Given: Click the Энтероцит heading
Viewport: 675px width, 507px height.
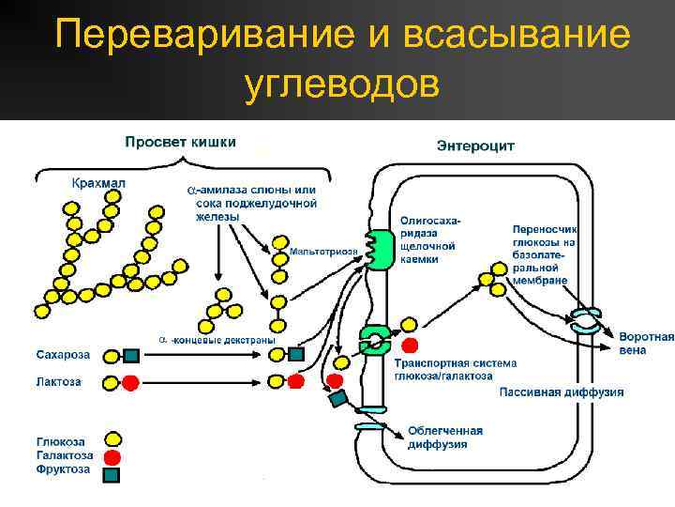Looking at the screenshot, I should click(x=475, y=146).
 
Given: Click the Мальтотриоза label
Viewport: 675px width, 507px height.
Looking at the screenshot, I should click(x=323, y=251).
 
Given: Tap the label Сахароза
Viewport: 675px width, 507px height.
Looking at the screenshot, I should click(x=63, y=355).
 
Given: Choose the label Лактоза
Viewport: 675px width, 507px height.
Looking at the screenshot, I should click(x=58, y=382).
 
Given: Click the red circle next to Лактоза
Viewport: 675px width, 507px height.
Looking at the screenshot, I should click(x=130, y=382).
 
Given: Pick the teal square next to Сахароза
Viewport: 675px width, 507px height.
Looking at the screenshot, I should click(x=131, y=356).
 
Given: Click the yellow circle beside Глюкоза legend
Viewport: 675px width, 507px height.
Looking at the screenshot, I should click(x=112, y=439).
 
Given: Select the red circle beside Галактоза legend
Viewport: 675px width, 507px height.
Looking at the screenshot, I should click(x=112, y=456).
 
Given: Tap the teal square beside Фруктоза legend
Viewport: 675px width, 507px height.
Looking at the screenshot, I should click(x=112, y=474).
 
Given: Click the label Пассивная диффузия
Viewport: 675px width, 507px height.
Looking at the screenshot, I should click(x=561, y=392).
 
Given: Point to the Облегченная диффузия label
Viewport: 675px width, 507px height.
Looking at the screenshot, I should click(x=444, y=438).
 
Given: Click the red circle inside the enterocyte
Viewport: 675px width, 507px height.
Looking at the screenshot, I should click(x=423, y=345).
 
